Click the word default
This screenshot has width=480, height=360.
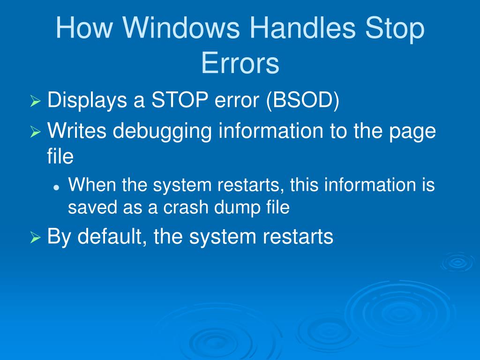tap(112, 237)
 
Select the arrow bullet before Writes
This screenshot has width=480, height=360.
tap(36, 132)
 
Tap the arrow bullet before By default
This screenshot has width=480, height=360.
tap(36, 238)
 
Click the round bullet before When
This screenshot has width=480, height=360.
tap(56, 187)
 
